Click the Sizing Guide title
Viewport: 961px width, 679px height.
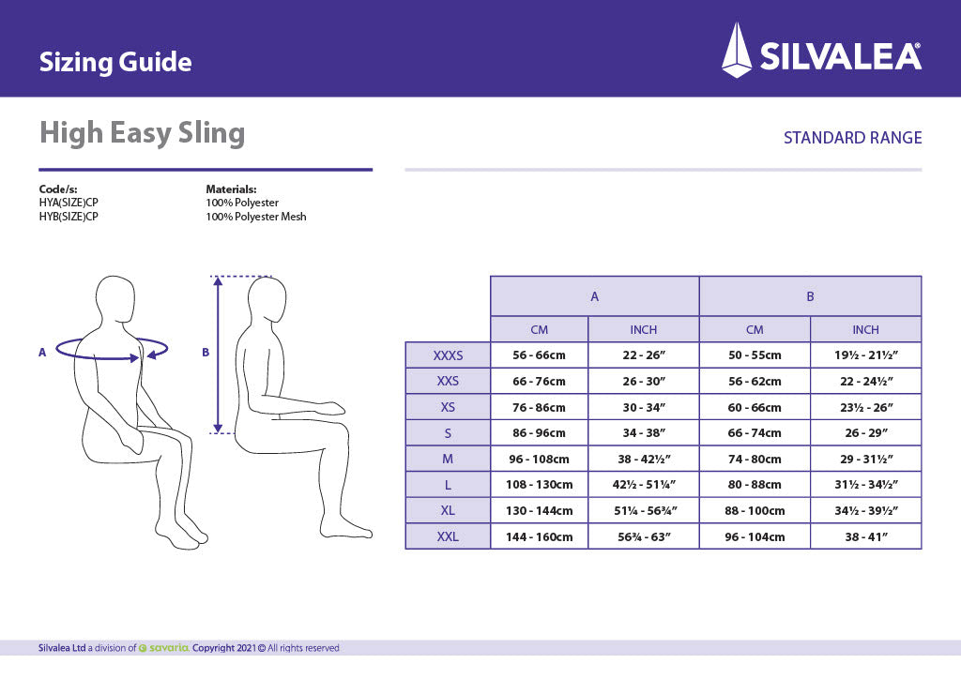(115, 63)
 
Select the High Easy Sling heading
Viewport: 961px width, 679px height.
(142, 133)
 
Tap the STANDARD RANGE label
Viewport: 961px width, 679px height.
(852, 138)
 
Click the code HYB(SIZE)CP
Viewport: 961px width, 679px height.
(69, 217)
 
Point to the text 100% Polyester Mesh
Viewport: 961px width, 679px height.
(255, 217)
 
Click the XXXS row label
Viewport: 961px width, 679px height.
(448, 355)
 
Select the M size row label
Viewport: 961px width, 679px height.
(448, 459)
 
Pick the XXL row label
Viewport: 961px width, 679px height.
(448, 536)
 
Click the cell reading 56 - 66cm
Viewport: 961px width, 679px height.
(539, 355)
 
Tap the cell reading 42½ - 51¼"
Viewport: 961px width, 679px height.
(644, 485)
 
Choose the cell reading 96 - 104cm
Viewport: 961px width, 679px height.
(755, 536)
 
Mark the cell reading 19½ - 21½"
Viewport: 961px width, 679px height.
(865, 355)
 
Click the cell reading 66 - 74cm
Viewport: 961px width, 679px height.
(755, 433)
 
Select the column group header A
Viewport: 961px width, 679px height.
(594, 296)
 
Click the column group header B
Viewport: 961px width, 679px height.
(810, 296)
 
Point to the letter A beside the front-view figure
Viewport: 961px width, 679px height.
(42, 353)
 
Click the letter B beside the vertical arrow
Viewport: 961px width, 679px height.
(206, 353)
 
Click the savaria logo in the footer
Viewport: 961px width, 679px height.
(164, 648)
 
